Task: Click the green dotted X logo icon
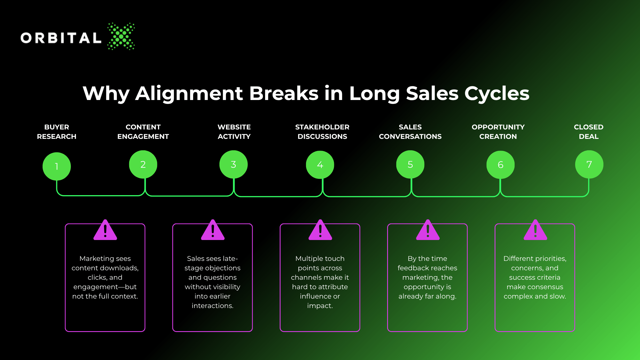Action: (x=121, y=36)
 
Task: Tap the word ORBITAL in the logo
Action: (x=61, y=38)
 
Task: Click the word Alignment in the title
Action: (x=189, y=93)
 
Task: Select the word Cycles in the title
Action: (x=497, y=93)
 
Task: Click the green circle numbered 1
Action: (x=57, y=166)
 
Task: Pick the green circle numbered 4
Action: (x=320, y=165)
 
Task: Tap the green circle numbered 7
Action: (x=589, y=164)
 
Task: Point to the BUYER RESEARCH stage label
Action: (x=57, y=132)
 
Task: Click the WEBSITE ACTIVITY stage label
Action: (x=234, y=132)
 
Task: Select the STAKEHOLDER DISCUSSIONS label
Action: (x=322, y=132)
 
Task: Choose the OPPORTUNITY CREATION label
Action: (x=498, y=132)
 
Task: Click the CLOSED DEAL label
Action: (x=589, y=132)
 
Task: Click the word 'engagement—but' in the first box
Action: (x=105, y=287)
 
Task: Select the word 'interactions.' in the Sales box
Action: (x=213, y=306)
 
